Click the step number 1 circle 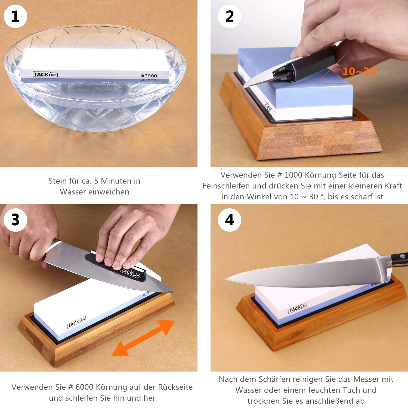pyautogui.click(x=16, y=16)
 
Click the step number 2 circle pyautogui.click(x=230, y=16)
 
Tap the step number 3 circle pyautogui.click(x=16, y=220)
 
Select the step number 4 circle pyautogui.click(x=230, y=220)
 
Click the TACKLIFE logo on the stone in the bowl pyautogui.click(x=45, y=75)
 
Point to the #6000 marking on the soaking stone pyautogui.click(x=149, y=76)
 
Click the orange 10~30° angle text pyautogui.click(x=361, y=71)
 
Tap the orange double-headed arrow pyautogui.click(x=143, y=338)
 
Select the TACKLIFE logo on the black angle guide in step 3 pyautogui.click(x=130, y=273)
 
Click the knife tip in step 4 pyautogui.click(x=226, y=279)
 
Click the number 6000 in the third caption pyautogui.click(x=84, y=387)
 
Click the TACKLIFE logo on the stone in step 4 pyautogui.click(x=298, y=308)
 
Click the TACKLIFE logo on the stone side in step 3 pyautogui.click(x=77, y=322)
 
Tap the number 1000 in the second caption pyautogui.click(x=293, y=175)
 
